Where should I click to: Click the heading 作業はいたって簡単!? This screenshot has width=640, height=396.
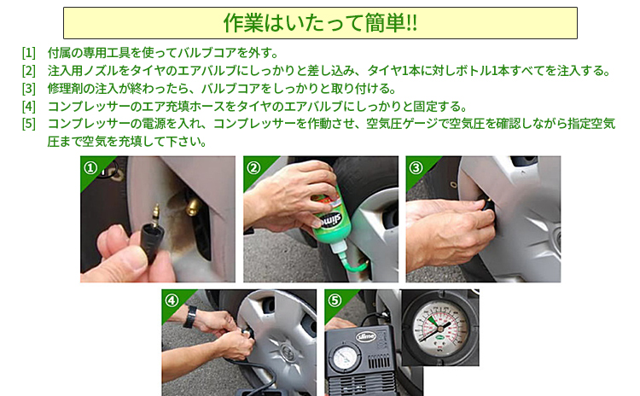tap(320, 23)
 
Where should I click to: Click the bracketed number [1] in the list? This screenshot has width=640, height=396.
tap(29, 53)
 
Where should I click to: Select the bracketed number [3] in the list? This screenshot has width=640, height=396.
tap(29, 89)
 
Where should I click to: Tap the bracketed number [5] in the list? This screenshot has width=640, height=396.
tap(29, 125)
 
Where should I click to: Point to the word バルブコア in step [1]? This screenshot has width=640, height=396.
tap(216, 53)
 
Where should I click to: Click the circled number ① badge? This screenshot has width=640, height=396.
tap(90, 167)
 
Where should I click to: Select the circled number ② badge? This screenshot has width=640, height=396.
tap(253, 167)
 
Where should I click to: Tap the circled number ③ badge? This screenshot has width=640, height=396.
tap(416, 167)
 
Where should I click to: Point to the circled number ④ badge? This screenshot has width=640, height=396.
tap(172, 300)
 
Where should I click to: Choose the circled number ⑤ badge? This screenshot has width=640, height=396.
tap(335, 300)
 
